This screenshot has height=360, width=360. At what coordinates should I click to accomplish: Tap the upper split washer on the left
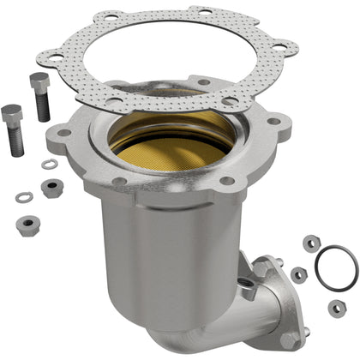(50, 164)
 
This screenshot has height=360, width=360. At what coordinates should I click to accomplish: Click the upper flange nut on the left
(53, 188)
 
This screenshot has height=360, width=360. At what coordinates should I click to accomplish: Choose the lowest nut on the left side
(27, 225)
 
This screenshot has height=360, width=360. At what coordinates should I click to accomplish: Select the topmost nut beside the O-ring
(311, 244)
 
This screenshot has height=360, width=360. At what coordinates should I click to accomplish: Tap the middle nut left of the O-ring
(299, 274)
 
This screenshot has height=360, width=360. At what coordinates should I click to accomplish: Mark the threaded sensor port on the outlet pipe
(248, 291)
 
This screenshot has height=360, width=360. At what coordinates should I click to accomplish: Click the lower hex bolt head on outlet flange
(302, 330)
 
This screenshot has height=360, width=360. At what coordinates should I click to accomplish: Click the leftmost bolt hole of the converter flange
(64, 133)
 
